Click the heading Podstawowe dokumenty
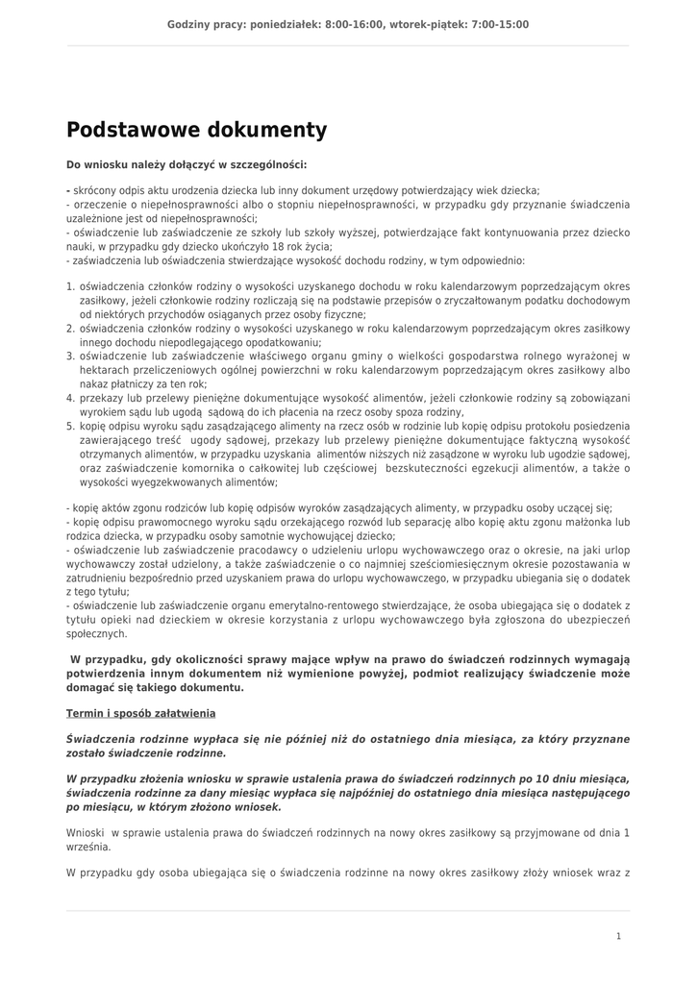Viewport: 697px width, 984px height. click(x=196, y=130)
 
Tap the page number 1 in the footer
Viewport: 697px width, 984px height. click(x=619, y=935)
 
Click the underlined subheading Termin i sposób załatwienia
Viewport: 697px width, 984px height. click(x=140, y=713)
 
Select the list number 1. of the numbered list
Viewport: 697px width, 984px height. click(x=70, y=286)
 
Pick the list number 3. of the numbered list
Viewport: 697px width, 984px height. click(x=70, y=356)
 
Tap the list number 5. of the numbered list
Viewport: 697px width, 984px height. click(x=70, y=426)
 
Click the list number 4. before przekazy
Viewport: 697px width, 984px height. click(x=70, y=398)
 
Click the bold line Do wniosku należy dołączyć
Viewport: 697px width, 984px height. click(x=187, y=164)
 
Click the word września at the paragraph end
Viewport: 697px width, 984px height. click(x=87, y=849)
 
